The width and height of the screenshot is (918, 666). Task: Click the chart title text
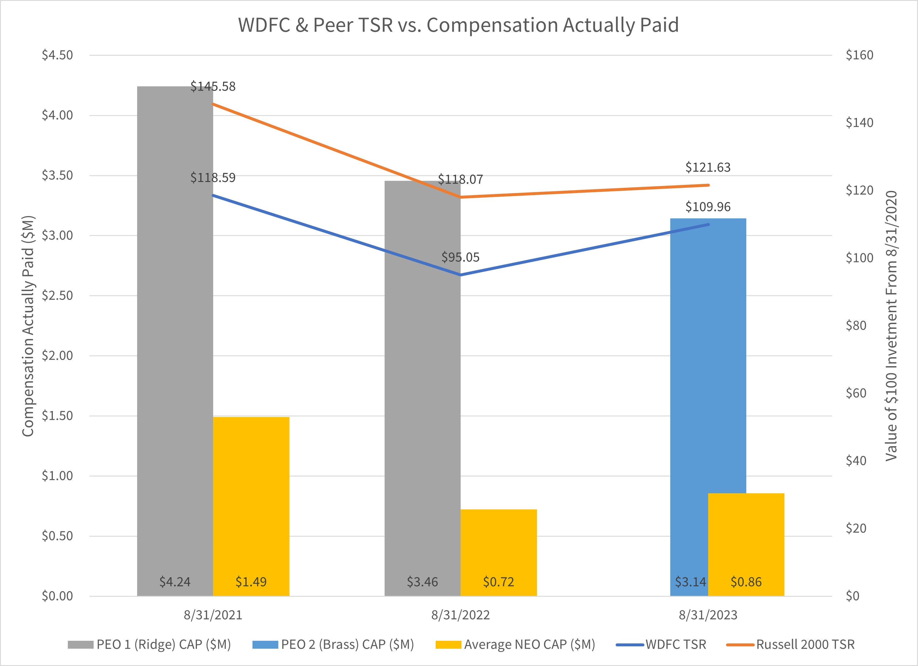(458, 25)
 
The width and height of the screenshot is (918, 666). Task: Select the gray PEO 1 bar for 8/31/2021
(175, 324)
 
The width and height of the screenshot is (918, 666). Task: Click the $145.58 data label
(213, 87)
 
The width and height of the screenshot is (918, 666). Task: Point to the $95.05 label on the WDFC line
(460, 257)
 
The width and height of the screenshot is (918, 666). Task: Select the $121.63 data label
(708, 168)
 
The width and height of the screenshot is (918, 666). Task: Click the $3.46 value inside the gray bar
(422, 582)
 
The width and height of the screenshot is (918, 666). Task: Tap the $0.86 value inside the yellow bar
(746, 582)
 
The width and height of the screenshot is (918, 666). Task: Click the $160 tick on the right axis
(859, 55)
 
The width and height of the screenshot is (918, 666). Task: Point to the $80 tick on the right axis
(856, 325)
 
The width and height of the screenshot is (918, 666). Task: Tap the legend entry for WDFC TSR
(675, 645)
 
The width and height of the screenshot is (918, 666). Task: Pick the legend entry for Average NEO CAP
(529, 645)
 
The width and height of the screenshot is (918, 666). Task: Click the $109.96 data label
(708, 207)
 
